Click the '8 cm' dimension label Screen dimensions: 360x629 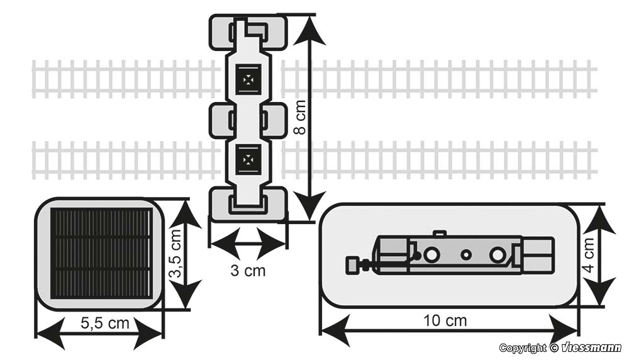tap(301, 116)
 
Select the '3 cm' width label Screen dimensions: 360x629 tap(248, 271)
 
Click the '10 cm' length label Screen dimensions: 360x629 tap(445, 320)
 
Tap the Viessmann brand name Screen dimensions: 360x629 tap(591, 348)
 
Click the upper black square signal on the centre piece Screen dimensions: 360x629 tap(248, 79)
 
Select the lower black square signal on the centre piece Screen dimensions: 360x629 tap(248, 159)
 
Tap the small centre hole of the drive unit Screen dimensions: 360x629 tap(465, 255)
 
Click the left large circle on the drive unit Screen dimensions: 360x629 tap(431, 255)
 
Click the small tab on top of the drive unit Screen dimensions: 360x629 tap(440, 233)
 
